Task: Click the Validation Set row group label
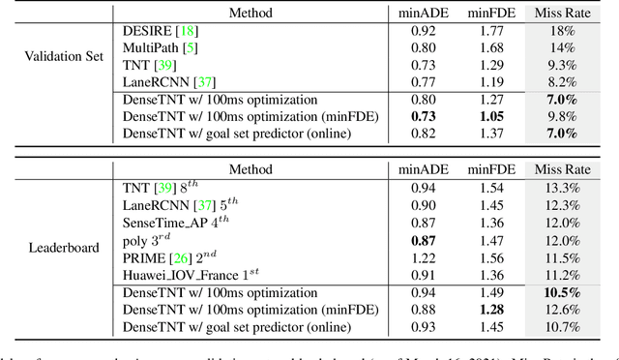pos(64,57)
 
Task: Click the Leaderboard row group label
pos(65,247)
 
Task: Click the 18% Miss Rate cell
pos(562,31)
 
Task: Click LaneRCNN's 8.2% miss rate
pos(562,81)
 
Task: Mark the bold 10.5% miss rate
pos(562,293)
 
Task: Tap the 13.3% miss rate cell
pos(562,187)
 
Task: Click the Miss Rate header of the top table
pos(562,14)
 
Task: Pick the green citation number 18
pos(180,31)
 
